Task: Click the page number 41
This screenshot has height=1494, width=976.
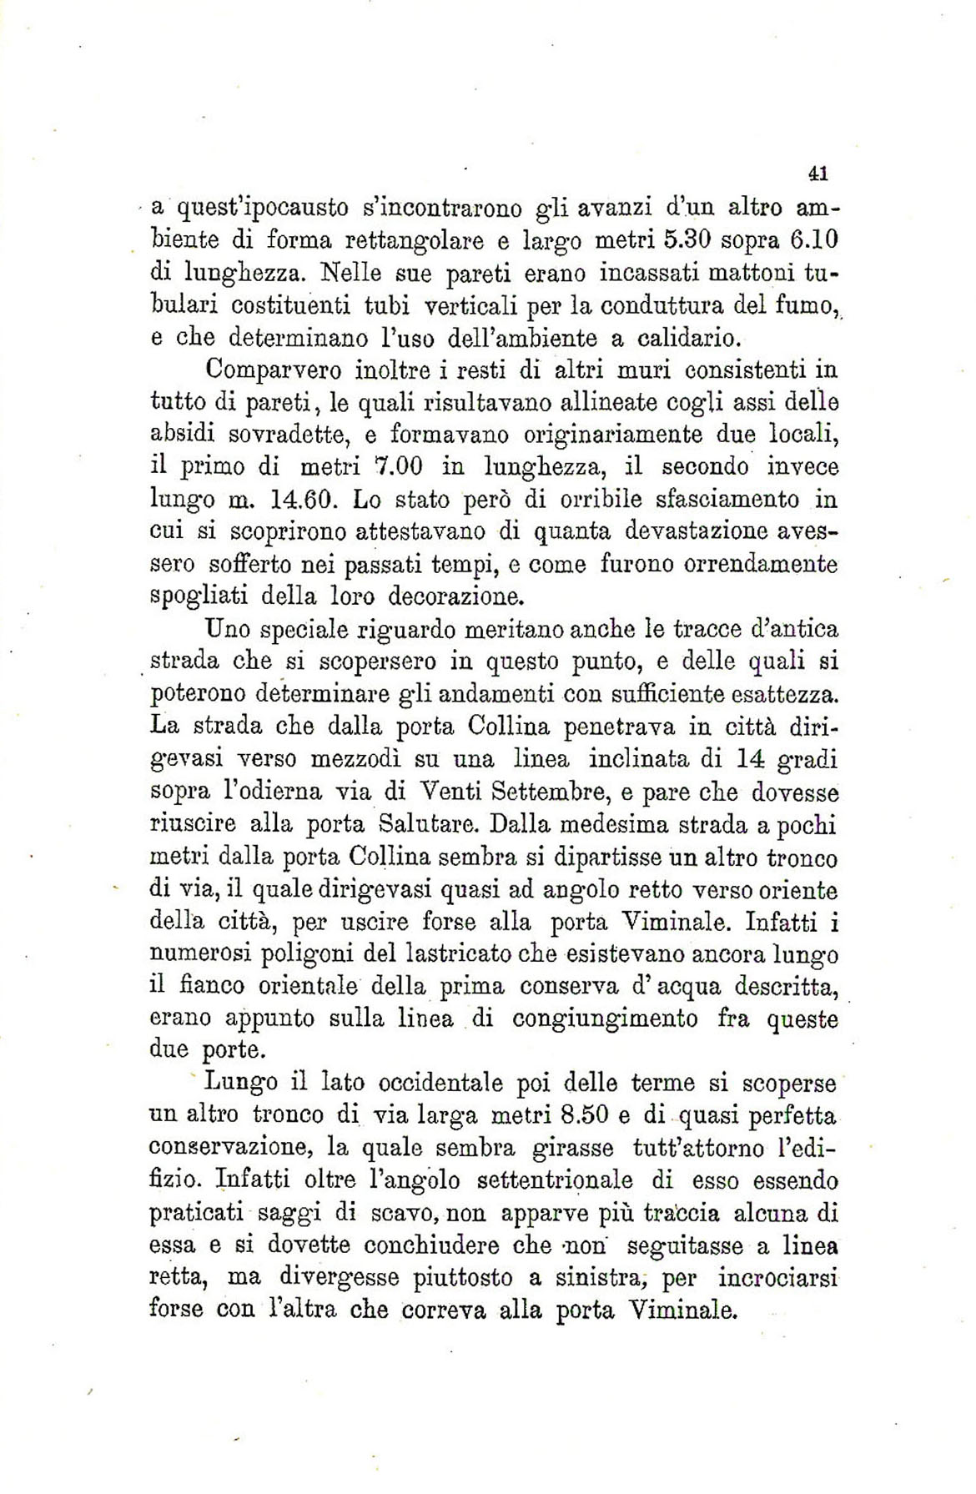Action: pos(817,174)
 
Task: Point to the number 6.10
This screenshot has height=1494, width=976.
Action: pos(812,240)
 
